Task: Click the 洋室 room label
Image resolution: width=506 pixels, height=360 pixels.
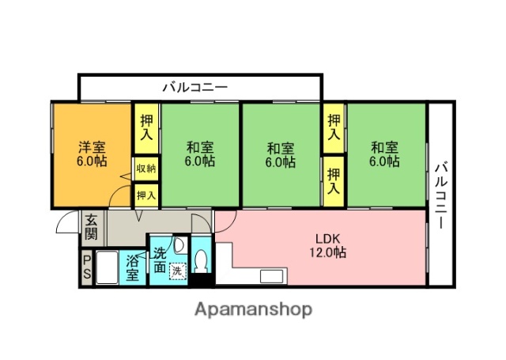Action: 92,146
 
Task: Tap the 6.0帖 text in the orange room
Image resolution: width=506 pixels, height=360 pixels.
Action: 92,161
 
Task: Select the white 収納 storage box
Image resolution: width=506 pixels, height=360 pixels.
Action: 145,168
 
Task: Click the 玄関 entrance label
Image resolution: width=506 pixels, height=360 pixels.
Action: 92,228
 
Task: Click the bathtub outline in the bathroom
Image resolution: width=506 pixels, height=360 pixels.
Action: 108,267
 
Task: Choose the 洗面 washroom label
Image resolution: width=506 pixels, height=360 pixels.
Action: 160,260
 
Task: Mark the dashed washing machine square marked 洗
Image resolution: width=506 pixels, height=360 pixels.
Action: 179,269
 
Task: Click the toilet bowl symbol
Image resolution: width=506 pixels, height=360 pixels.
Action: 202,261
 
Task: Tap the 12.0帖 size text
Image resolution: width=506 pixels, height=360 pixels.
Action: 327,253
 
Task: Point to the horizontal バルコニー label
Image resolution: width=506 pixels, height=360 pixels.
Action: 195,86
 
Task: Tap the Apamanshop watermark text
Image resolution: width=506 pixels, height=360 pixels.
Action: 253,309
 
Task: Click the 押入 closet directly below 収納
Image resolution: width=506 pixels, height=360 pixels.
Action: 145,194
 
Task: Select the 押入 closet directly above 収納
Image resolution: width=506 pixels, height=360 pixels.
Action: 146,128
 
